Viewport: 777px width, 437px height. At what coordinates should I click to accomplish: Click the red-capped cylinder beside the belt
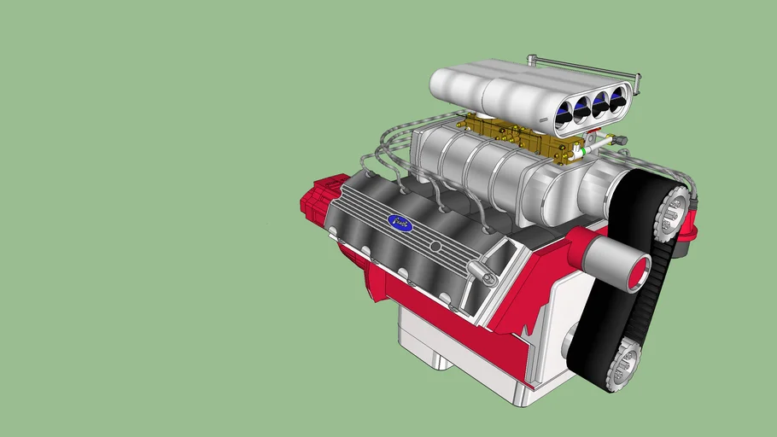619,262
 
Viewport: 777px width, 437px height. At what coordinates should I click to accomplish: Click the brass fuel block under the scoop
512,136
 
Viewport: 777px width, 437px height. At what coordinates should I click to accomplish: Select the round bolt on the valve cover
435,247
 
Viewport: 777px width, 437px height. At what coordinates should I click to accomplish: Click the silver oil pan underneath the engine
427,341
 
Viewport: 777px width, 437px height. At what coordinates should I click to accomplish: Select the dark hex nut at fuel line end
620,140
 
